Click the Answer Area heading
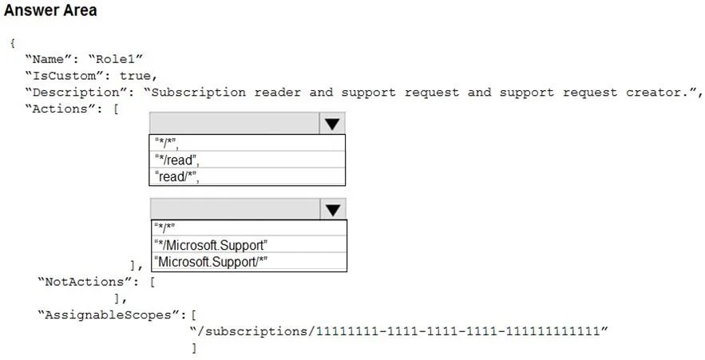pyautogui.click(x=50, y=10)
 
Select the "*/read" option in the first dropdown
pyautogui.click(x=176, y=160)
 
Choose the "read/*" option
pyautogui.click(x=176, y=176)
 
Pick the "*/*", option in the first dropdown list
pyautogui.click(x=166, y=144)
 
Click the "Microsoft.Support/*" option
pyautogui.click(x=211, y=262)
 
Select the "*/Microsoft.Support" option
pyautogui.click(x=211, y=245)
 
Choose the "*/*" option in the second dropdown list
pyautogui.click(x=164, y=227)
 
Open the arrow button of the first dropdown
pyautogui.click(x=332, y=124)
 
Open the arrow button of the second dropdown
pyautogui.click(x=333, y=209)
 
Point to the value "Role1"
pyautogui.click(x=115, y=59)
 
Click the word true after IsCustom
pyautogui.click(x=135, y=76)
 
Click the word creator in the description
pyautogui.click(x=654, y=92)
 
